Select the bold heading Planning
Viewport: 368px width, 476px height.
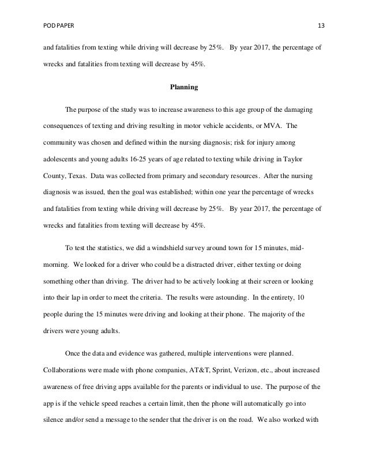(183, 88)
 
